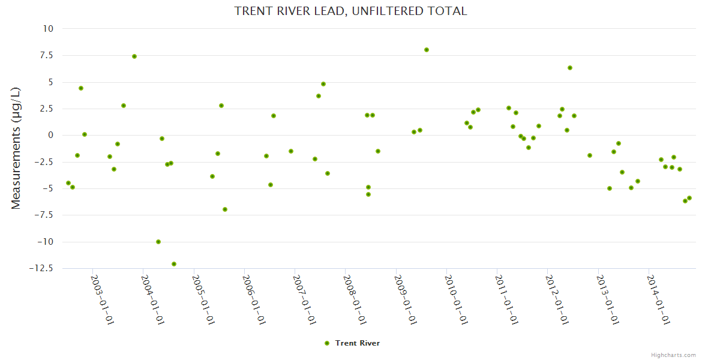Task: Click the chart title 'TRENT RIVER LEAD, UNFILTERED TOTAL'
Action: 350,11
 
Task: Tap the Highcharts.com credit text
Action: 673,355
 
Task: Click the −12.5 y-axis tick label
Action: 41,268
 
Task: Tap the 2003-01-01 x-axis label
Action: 102,299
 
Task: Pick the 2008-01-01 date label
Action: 354,299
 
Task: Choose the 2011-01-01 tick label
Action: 506,299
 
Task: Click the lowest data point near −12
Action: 174,264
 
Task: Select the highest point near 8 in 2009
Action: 427,50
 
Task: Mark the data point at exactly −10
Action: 158,242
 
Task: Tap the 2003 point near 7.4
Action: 134,56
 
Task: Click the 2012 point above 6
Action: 570,68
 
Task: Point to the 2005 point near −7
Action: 225,209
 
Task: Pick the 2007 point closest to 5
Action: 323,84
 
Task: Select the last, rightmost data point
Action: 689,198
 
